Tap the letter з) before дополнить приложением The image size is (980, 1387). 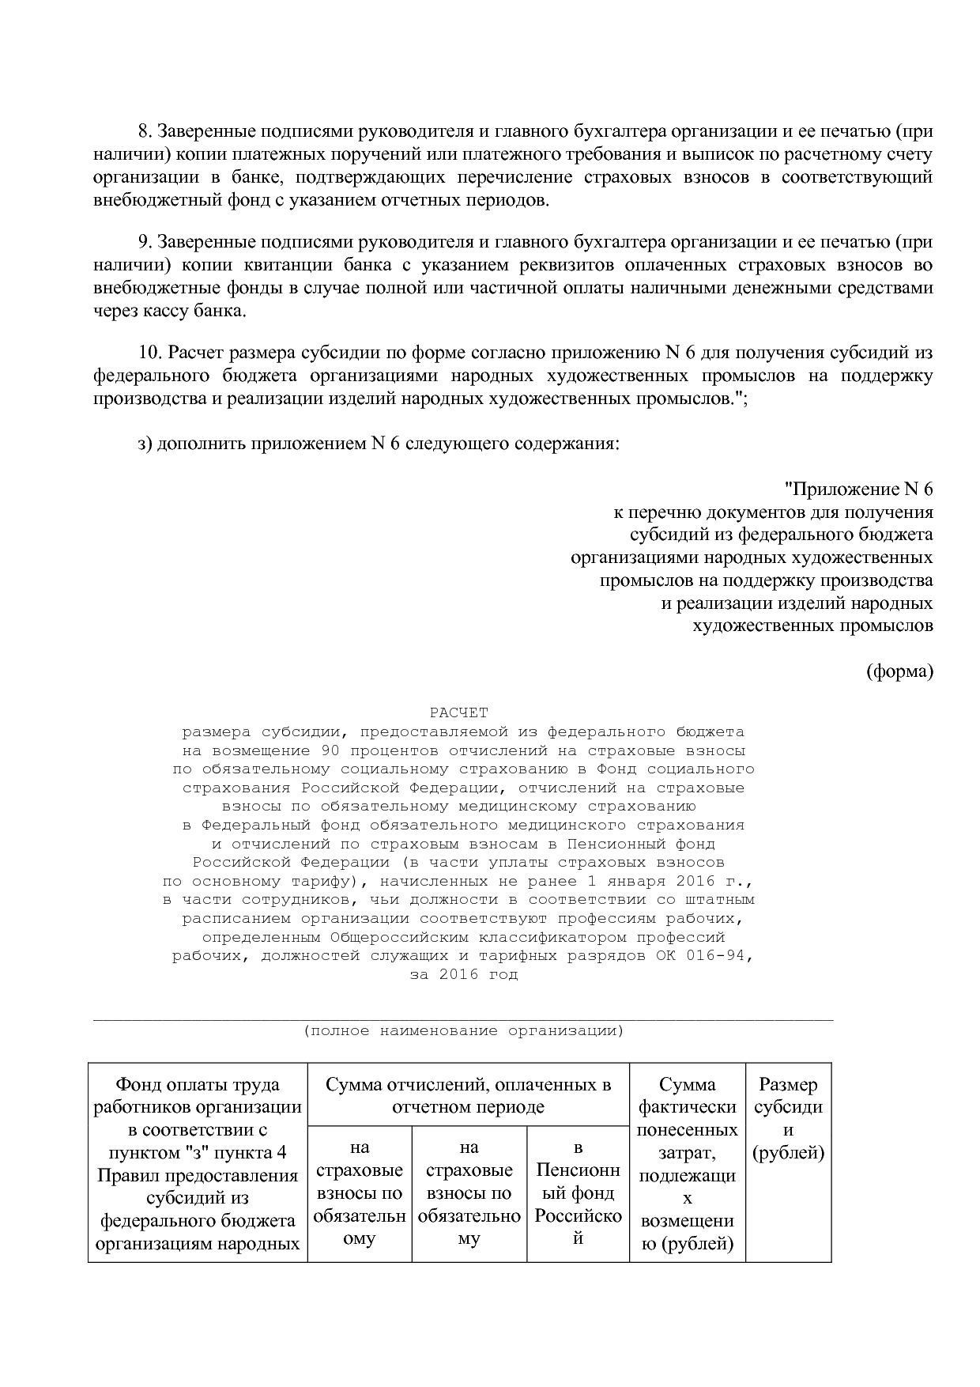tap(144, 443)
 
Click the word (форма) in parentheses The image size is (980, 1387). tap(899, 671)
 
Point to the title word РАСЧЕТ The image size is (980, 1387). tap(459, 713)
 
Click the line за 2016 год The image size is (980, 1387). tap(463, 974)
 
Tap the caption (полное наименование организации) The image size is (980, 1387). tap(463, 1031)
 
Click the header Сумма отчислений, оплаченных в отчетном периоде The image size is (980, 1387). tap(468, 1095)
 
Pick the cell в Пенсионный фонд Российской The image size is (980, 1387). tap(578, 1192)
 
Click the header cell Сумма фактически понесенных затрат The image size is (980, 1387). tap(687, 1162)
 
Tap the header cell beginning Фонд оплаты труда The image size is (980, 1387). tap(198, 1162)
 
